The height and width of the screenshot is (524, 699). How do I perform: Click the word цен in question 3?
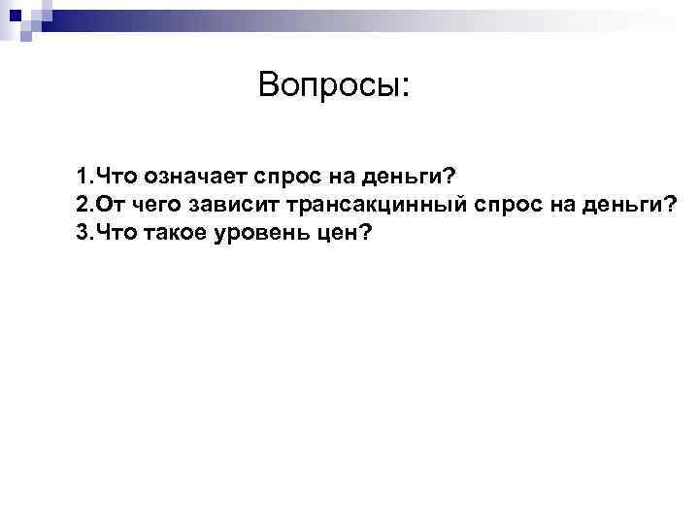pos(332,234)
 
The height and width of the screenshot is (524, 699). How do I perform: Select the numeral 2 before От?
pos(82,206)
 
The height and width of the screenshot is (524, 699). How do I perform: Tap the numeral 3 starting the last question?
pos(82,234)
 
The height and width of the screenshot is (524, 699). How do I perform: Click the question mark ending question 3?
pos(366,234)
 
